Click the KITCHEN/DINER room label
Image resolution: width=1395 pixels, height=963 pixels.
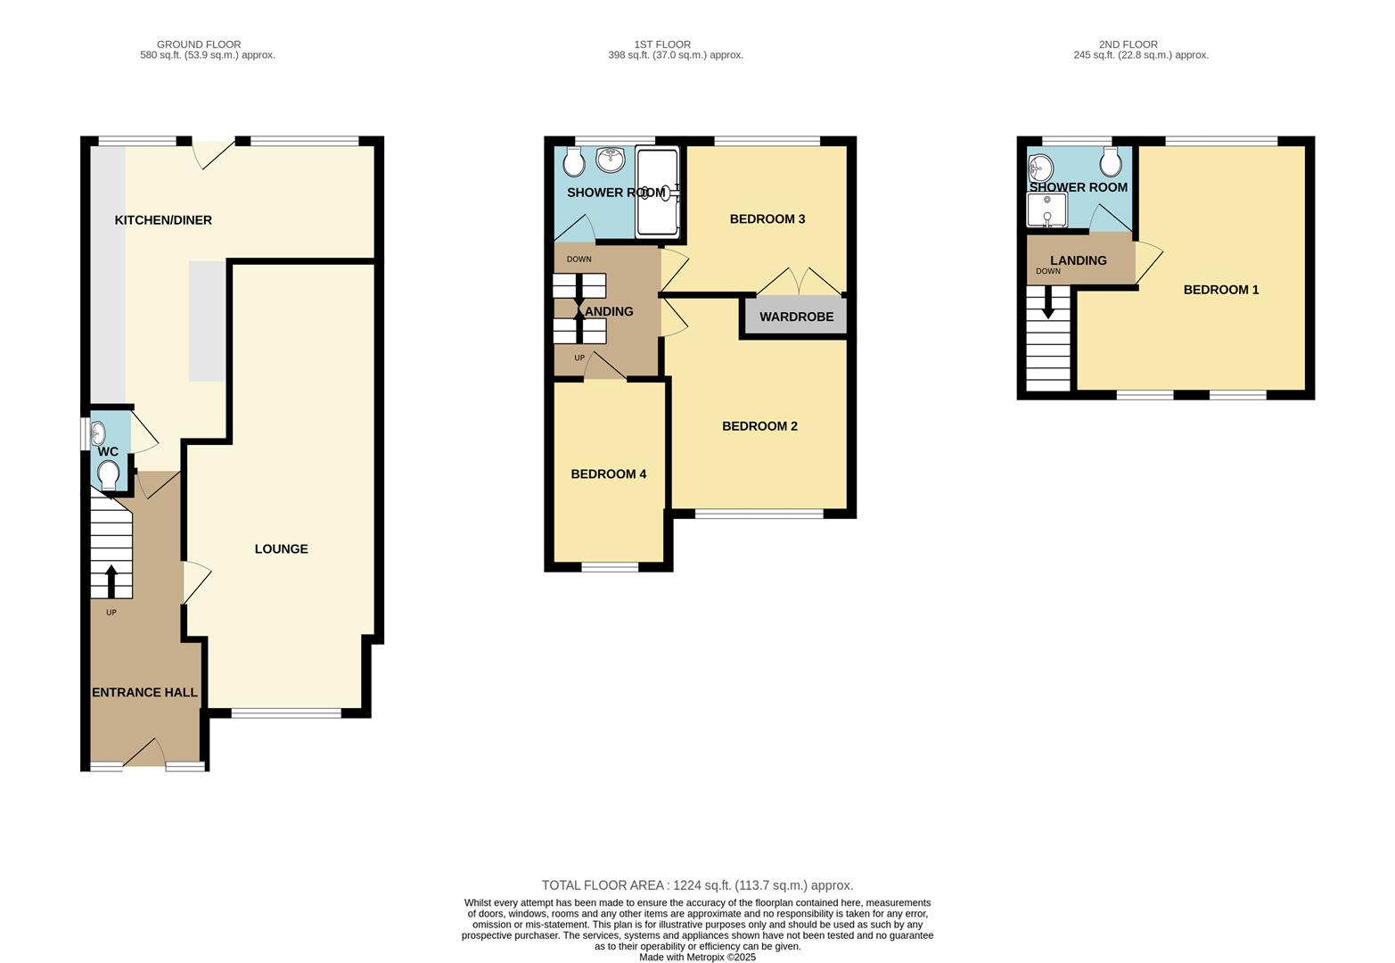pyautogui.click(x=163, y=220)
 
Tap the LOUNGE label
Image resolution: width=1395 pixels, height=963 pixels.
pyautogui.click(x=281, y=549)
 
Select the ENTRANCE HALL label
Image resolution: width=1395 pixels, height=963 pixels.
pyautogui.click(x=144, y=693)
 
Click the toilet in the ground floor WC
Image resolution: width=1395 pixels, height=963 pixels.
pyautogui.click(x=109, y=473)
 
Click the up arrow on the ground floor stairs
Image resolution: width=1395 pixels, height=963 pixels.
pyautogui.click(x=111, y=580)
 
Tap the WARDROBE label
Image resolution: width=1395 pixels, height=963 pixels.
pyautogui.click(x=796, y=317)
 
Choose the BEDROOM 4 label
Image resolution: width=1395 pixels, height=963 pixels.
pyautogui.click(x=609, y=474)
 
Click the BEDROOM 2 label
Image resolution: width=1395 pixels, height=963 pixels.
pyautogui.click(x=759, y=426)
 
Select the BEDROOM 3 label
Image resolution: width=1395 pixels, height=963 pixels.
pyautogui.click(x=767, y=219)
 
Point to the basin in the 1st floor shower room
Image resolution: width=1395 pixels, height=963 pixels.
pyautogui.click(x=611, y=160)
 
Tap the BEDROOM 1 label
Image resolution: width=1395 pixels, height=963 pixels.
pyautogui.click(x=1221, y=290)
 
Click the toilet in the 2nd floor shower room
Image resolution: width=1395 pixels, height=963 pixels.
pyautogui.click(x=1110, y=162)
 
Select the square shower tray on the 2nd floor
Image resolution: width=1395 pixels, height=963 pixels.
pyautogui.click(x=1046, y=210)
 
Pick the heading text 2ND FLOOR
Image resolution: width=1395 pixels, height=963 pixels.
pyautogui.click(x=1128, y=45)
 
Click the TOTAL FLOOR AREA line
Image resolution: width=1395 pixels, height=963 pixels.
pyautogui.click(x=697, y=885)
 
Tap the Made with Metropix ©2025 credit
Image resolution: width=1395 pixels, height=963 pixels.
pyautogui.click(x=697, y=958)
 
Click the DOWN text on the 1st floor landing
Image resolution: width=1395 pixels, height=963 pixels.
pyautogui.click(x=579, y=259)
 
